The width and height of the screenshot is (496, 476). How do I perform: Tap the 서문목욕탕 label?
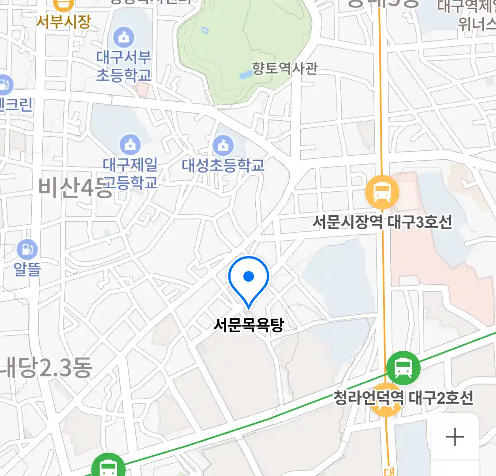249,325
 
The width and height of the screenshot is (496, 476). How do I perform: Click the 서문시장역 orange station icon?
382,192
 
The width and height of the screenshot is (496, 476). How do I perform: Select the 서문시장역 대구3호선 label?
382,222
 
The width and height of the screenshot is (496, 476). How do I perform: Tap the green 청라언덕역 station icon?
403,368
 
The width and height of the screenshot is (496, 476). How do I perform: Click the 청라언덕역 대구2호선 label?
403,398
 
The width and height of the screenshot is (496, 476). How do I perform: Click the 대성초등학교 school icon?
223,145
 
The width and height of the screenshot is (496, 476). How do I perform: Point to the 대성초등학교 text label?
223,166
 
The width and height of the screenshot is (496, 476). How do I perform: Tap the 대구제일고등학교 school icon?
130,145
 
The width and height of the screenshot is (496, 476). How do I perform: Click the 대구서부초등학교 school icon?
124,37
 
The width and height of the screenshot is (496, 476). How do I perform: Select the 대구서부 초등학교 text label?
124,66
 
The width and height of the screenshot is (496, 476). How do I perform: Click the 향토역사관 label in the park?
284,68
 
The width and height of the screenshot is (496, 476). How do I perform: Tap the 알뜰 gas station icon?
27,249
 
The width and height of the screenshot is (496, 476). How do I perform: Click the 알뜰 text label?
27,268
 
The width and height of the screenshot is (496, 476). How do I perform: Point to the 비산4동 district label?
71,188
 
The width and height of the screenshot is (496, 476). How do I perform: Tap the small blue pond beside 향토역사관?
245,75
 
